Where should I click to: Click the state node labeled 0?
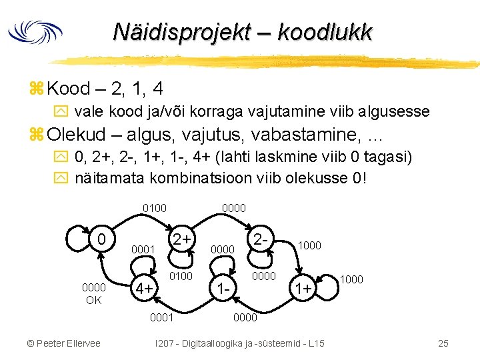(x=100, y=239)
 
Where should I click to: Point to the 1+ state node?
(x=304, y=288)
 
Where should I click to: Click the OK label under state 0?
(x=93, y=300)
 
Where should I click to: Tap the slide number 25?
(x=443, y=343)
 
